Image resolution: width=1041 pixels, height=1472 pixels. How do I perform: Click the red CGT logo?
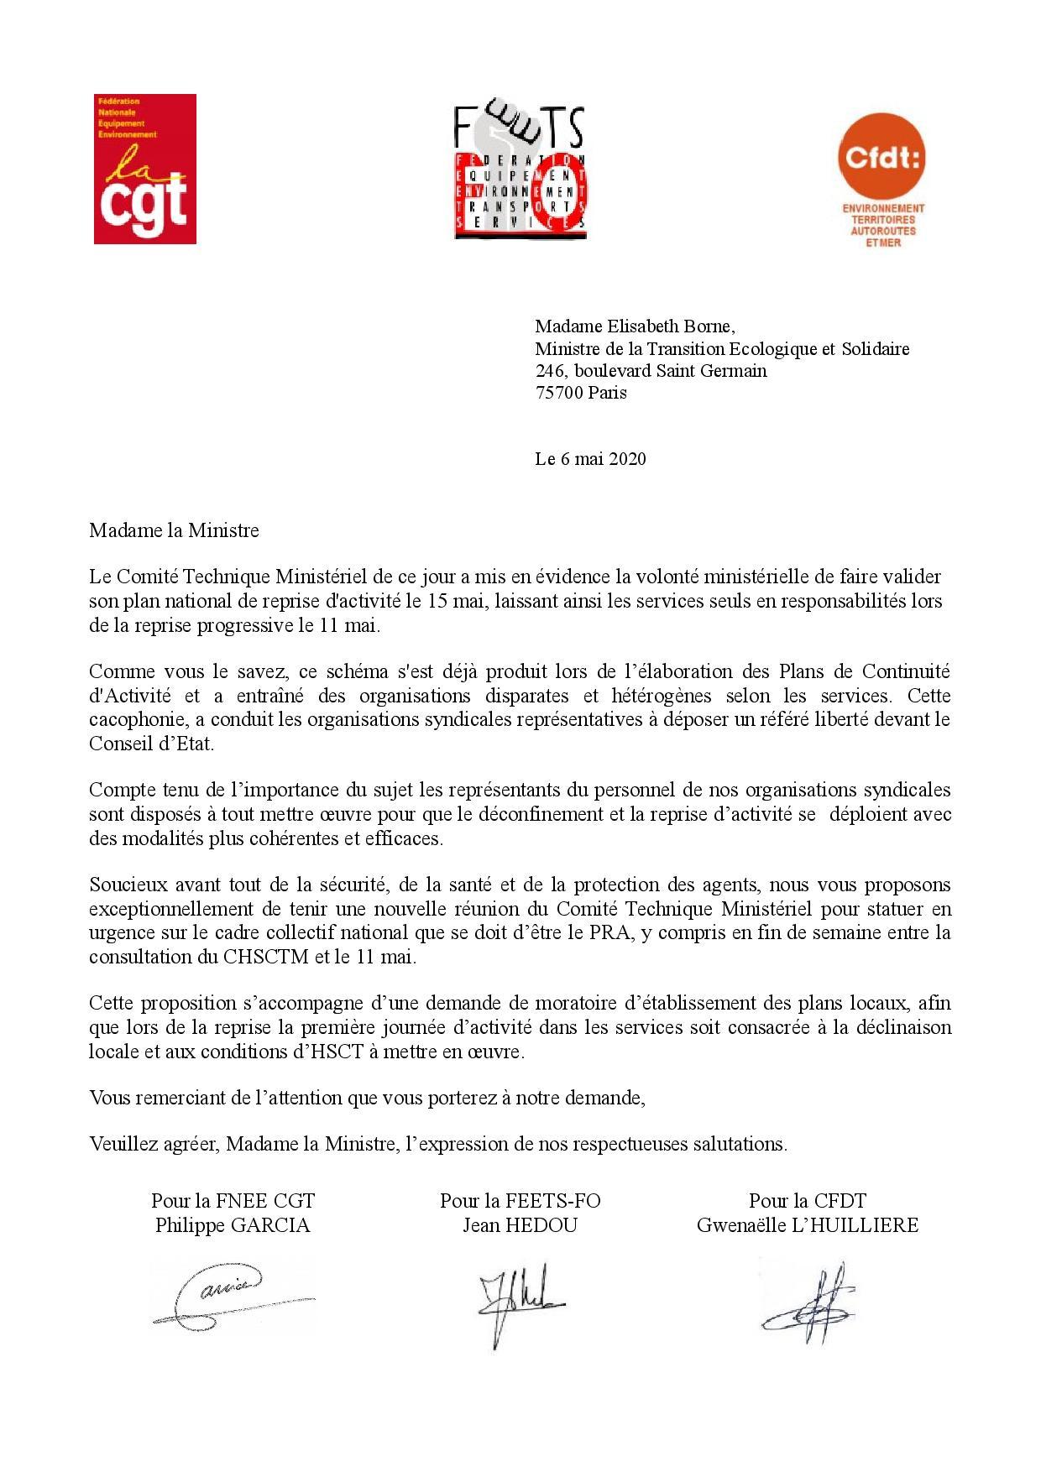point(144,169)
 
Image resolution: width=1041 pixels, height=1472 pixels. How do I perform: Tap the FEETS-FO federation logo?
point(519,173)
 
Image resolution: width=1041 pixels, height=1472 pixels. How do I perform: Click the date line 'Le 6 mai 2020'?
point(590,459)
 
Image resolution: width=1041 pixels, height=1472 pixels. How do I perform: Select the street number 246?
point(550,371)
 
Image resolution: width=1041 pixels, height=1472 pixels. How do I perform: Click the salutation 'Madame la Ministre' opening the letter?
point(174,531)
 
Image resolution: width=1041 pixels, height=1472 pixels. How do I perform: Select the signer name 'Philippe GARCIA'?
point(233,1225)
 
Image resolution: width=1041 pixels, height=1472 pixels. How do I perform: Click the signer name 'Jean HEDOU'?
point(520,1225)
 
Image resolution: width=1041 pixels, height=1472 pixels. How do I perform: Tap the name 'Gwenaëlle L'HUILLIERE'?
point(807,1225)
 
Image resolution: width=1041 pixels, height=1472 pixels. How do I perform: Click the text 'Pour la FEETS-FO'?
point(520,1201)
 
